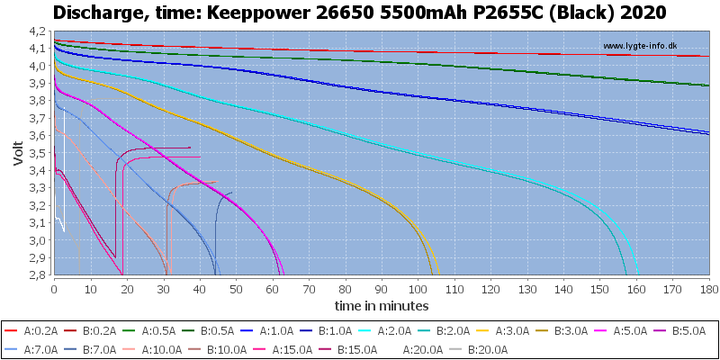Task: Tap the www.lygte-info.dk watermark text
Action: (x=640, y=46)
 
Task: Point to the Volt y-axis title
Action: (x=18, y=153)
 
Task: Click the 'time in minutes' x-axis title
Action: (x=382, y=305)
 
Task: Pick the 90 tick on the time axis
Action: (x=381, y=290)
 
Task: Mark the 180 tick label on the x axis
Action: (x=708, y=290)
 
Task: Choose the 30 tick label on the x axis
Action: (x=164, y=290)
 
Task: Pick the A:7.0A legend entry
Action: (x=33, y=350)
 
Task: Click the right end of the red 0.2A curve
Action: (x=708, y=56)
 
